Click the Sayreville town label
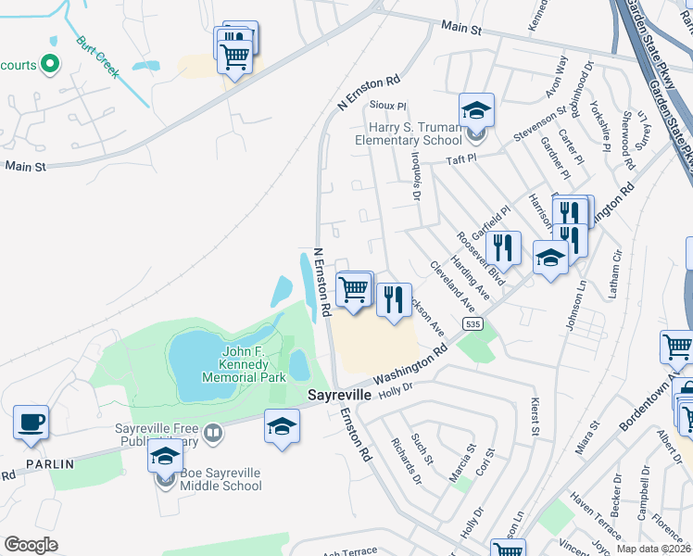(340, 395)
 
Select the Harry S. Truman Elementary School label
(409, 133)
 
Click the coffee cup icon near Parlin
(31, 422)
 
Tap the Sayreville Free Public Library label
(157, 435)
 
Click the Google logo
(31, 545)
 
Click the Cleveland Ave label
(452, 285)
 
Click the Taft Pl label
(460, 159)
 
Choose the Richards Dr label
(405, 461)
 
